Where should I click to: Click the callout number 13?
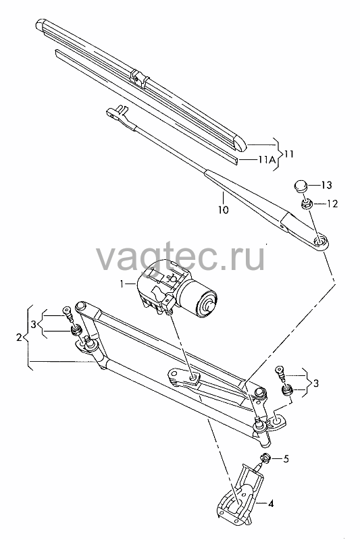(326, 185)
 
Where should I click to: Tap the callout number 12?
(332, 204)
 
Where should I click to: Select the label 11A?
(267, 159)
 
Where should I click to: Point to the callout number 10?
(224, 209)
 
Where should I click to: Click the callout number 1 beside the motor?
(122, 283)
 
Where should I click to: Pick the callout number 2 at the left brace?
(20, 337)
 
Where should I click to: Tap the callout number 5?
(286, 459)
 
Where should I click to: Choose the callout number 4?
(271, 504)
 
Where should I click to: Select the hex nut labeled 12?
(306, 203)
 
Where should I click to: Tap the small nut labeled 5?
(265, 458)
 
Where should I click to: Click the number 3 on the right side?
(315, 383)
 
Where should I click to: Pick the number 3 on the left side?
(33, 324)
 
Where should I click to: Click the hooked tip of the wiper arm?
(116, 111)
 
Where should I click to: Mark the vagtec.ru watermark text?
(180, 256)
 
